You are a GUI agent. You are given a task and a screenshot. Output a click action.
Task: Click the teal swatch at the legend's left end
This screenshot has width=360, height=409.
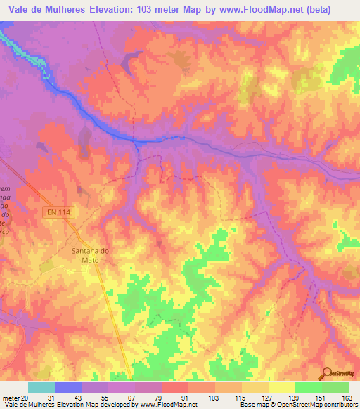(41, 387)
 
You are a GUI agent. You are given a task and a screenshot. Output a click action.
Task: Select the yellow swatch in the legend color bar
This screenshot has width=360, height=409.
(281, 387)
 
